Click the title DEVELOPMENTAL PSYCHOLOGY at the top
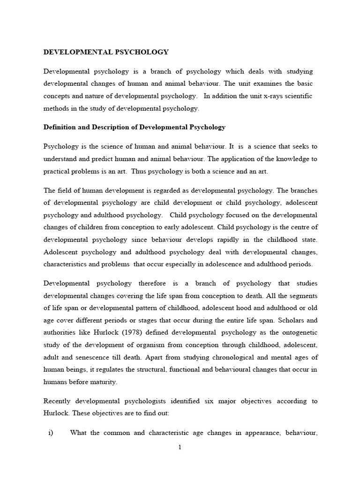[x=106, y=52]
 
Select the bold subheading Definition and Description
[x=135, y=127]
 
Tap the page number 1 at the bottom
[x=180, y=447]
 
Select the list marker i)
[x=51, y=432]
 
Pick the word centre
[x=301, y=227]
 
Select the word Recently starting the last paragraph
[x=59, y=401]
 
